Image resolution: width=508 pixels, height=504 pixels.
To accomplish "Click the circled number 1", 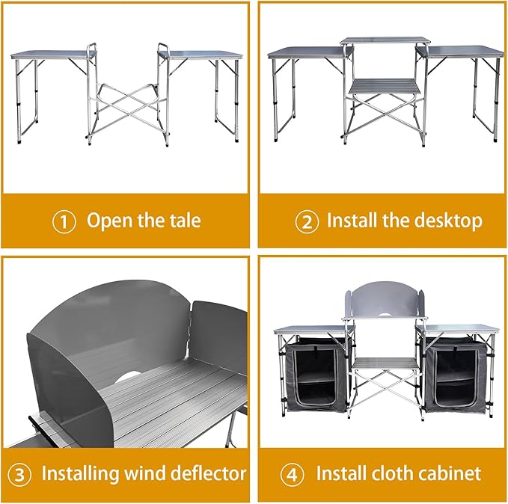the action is [64, 221].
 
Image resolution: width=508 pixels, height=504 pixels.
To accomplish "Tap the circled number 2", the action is [307, 221].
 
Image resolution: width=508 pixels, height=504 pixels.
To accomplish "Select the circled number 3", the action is [19, 475].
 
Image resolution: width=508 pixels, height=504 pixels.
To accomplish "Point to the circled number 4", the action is [292, 475].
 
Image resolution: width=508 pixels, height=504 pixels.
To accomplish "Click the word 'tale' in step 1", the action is [186, 221].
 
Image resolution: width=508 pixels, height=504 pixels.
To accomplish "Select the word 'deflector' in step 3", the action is [208, 473].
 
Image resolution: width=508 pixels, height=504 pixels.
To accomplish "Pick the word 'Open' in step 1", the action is [110, 221].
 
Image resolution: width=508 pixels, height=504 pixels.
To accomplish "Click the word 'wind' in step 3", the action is [145, 473].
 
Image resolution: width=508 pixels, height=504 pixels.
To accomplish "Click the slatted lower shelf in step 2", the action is [385, 85].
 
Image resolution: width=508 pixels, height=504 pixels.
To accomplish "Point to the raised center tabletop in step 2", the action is [386, 41].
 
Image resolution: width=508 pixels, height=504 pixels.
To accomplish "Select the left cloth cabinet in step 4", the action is [315, 374].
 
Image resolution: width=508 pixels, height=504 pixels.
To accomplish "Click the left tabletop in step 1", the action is [54, 55].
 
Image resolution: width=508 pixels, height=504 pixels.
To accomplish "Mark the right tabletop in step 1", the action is [201, 55].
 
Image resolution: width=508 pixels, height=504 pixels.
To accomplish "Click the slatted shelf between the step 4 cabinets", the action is [385, 363].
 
